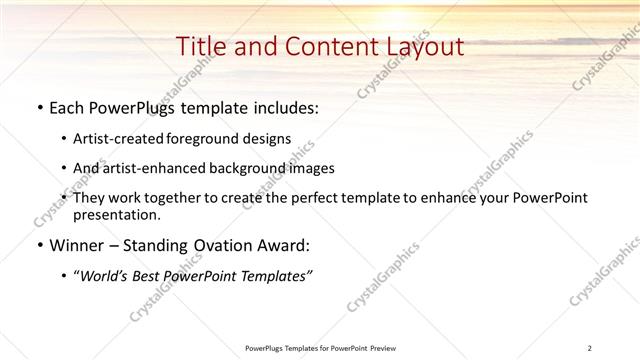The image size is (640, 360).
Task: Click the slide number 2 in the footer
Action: click(589, 348)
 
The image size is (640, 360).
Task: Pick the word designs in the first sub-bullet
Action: click(269, 140)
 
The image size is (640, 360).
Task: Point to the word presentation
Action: click(116, 215)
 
